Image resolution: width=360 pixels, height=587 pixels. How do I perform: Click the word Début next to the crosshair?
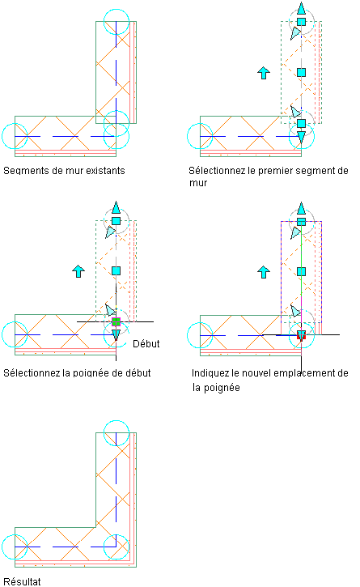[146, 343]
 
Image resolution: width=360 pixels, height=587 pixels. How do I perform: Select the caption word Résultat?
[22, 581]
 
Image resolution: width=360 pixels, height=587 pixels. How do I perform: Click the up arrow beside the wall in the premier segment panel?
[264, 73]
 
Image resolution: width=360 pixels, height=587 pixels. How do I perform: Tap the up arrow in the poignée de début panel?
[78, 271]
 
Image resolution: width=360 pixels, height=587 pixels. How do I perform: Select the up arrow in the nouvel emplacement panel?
[264, 272]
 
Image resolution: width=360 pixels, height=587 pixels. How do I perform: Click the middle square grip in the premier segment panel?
[301, 72]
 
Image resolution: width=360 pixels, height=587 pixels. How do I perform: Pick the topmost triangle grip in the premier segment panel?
[301, 8]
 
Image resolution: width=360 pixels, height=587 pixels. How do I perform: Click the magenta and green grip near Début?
[116, 321]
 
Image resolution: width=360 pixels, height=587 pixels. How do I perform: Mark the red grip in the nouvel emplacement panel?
[301, 335]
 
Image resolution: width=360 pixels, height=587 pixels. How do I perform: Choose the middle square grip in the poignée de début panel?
[116, 270]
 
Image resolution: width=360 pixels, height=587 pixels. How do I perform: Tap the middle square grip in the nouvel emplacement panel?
[301, 271]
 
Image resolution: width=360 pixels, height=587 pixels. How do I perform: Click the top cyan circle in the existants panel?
[116, 10]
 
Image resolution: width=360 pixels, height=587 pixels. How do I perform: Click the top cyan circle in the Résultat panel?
[116, 420]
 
